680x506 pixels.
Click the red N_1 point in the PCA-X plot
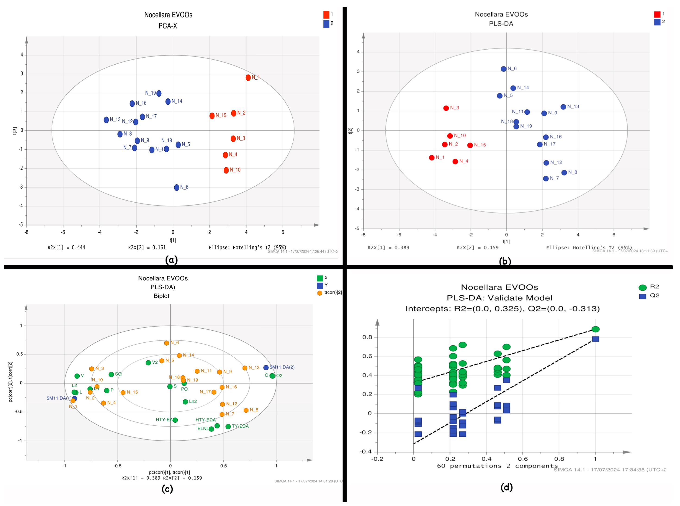248,78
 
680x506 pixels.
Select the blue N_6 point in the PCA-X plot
177,187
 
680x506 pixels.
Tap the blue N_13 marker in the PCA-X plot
106,120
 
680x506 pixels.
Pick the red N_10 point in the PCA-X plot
226,170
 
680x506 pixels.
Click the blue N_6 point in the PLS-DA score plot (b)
504,69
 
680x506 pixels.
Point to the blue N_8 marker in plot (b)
564,173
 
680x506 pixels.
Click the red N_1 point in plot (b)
432,158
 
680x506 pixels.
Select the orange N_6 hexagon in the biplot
167,343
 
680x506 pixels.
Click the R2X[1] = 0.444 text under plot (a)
66,247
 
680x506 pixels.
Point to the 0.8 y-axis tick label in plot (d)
367,337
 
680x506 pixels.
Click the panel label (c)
167,489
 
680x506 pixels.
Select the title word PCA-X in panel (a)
168,26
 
